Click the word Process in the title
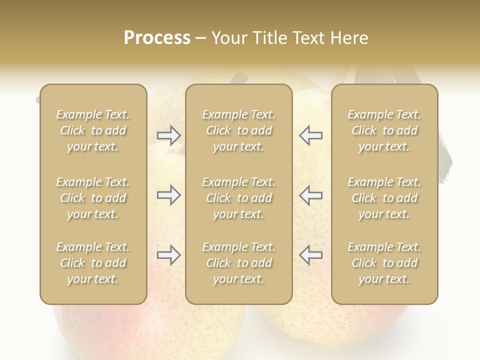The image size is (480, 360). [157, 38]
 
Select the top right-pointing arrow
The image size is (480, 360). [168, 135]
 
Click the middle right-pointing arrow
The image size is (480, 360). [168, 195]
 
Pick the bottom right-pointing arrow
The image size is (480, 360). [168, 255]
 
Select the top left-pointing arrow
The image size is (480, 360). [310, 135]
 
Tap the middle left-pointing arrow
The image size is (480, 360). [310, 195]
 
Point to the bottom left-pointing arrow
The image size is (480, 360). [310, 255]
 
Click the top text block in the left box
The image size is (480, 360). [93, 130]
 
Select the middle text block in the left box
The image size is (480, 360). [93, 198]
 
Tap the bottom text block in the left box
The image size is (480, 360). [93, 263]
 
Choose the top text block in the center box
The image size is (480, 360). [238, 130]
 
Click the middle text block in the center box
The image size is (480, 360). [238, 198]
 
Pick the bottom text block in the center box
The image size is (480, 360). [238, 263]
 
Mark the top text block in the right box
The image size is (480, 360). [384, 130]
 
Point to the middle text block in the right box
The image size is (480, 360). [384, 198]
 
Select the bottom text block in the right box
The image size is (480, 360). [384, 263]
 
